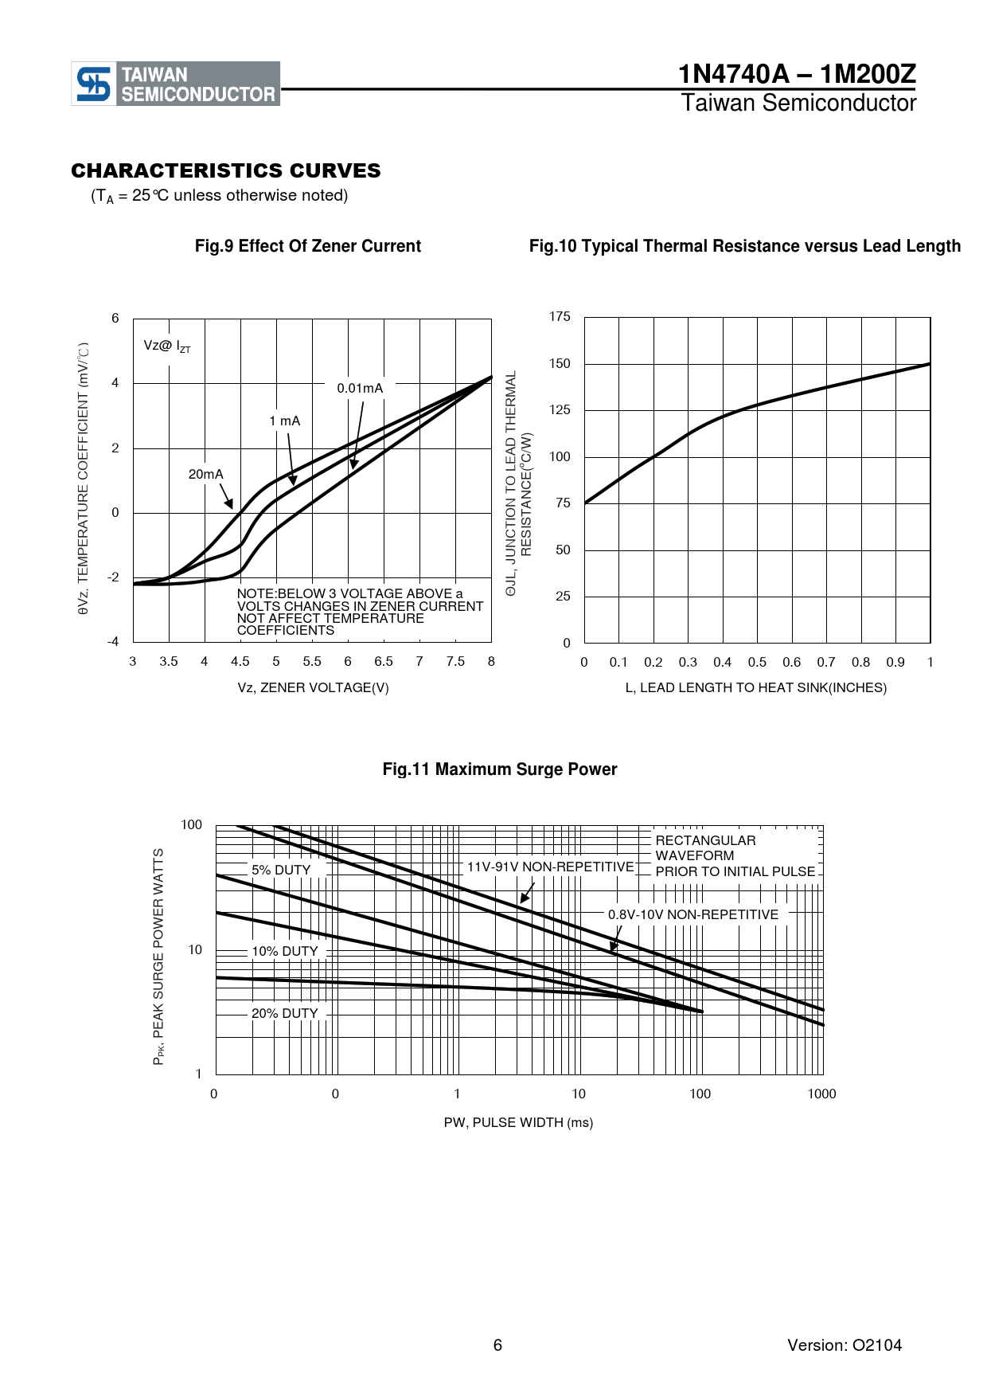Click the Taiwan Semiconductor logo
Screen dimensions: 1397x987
point(176,84)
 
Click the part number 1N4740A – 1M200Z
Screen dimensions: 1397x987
point(796,74)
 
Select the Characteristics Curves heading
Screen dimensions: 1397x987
point(226,170)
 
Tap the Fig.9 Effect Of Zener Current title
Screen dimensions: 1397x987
point(308,246)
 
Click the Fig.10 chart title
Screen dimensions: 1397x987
point(744,246)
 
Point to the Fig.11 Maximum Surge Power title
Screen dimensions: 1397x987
point(500,769)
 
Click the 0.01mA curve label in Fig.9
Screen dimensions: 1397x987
point(360,389)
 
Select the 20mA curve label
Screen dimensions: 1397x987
point(205,475)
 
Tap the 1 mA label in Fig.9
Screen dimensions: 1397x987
point(285,421)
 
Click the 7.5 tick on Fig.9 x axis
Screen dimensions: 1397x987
point(455,662)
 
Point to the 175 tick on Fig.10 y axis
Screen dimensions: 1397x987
point(560,317)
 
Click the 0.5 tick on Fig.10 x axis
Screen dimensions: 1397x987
point(757,663)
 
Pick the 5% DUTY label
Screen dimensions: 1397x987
point(281,871)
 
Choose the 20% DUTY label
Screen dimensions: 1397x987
point(285,1014)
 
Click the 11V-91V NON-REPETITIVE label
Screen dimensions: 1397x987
point(550,867)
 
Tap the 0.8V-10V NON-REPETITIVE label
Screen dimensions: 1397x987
point(693,915)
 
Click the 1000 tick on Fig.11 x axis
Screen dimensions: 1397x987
point(821,1094)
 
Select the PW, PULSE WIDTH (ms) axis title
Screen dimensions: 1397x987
point(518,1123)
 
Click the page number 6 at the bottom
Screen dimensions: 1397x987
point(497,1345)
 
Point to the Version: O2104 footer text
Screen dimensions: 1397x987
point(845,1345)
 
